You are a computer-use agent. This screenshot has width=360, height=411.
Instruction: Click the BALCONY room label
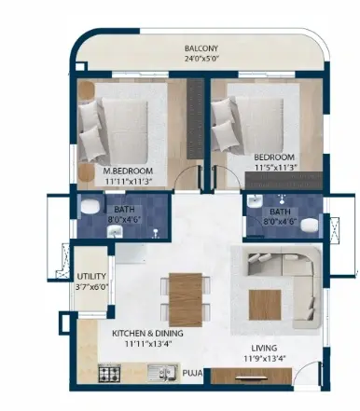201,48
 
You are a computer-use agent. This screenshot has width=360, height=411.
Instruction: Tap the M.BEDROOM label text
128,171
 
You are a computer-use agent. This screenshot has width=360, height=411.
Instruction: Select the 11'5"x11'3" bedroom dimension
276,168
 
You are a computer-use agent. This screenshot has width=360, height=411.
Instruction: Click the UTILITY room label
91,276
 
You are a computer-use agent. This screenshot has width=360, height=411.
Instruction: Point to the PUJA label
192,373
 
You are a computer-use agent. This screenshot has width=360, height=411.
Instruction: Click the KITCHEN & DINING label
147,334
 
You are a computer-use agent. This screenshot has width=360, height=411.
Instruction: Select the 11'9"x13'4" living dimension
265,359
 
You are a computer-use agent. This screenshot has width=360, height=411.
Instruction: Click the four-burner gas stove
110,374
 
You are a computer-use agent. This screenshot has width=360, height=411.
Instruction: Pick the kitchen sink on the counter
161,373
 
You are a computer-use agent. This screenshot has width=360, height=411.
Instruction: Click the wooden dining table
186,300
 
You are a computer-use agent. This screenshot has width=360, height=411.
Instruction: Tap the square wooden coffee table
265,305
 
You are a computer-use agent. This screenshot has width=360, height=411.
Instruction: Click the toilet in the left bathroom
90,207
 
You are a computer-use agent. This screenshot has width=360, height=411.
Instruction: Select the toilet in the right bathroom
310,225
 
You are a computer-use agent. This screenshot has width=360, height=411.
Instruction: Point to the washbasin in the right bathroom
256,201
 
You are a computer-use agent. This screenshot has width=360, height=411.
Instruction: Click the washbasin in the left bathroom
115,231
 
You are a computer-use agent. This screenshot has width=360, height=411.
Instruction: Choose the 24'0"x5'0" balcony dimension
202,59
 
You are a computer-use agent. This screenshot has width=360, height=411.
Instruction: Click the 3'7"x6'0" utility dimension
91,287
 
